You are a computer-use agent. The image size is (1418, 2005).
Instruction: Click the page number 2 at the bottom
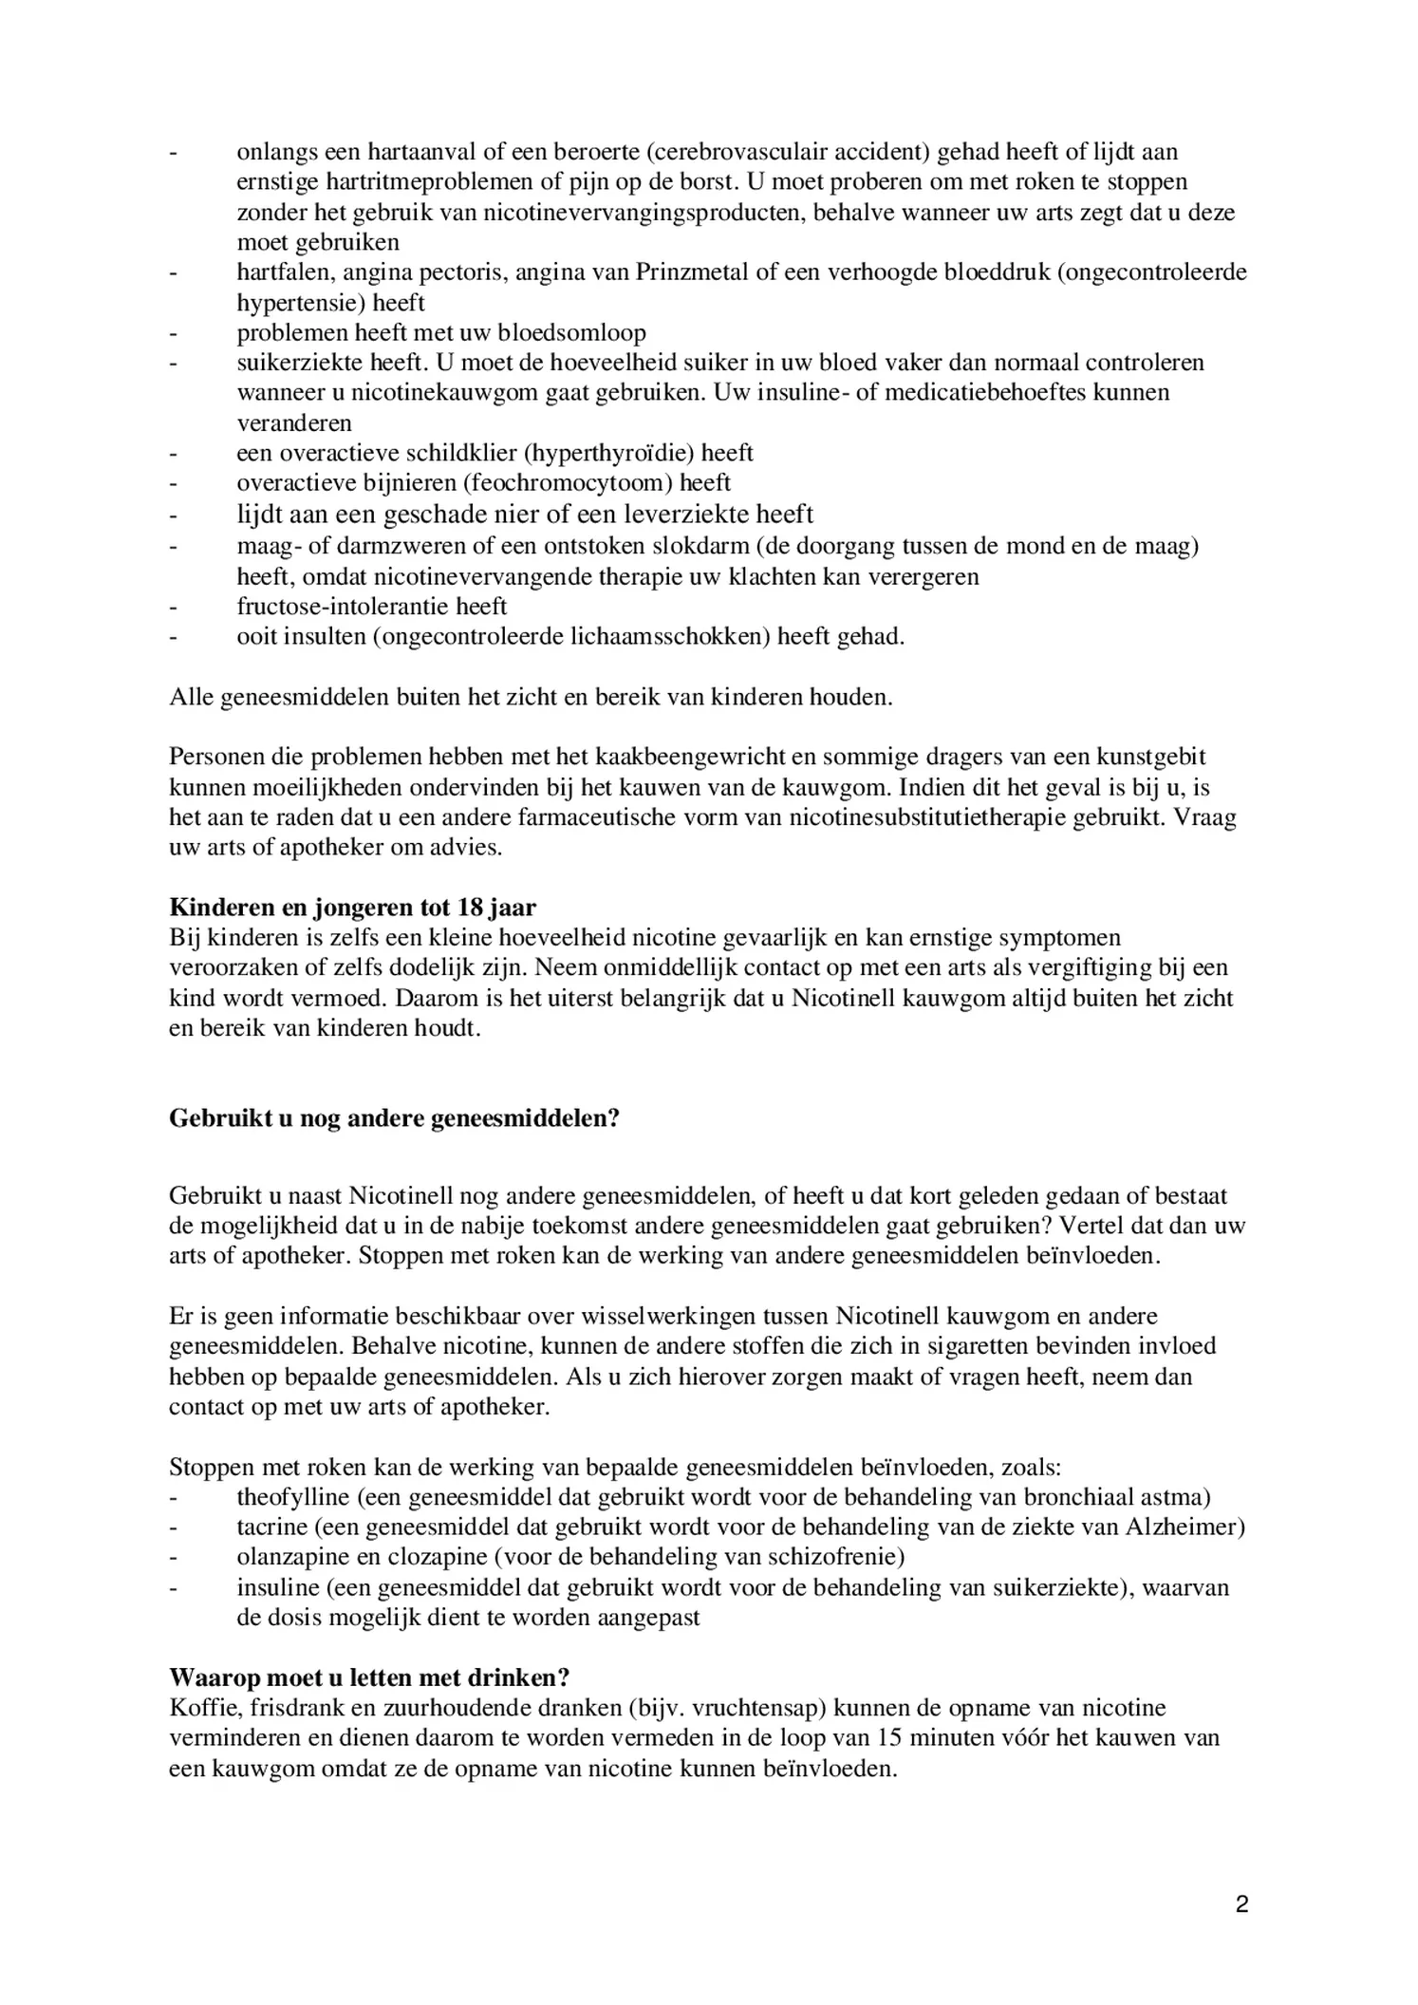click(1241, 1904)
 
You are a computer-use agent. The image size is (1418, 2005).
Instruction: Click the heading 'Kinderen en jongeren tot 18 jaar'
click(352, 908)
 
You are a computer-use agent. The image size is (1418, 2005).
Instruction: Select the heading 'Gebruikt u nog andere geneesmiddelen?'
click(394, 1117)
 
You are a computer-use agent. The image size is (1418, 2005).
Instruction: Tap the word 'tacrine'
click(271, 1527)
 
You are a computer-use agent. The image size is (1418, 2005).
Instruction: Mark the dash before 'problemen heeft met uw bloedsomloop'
click(174, 333)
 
